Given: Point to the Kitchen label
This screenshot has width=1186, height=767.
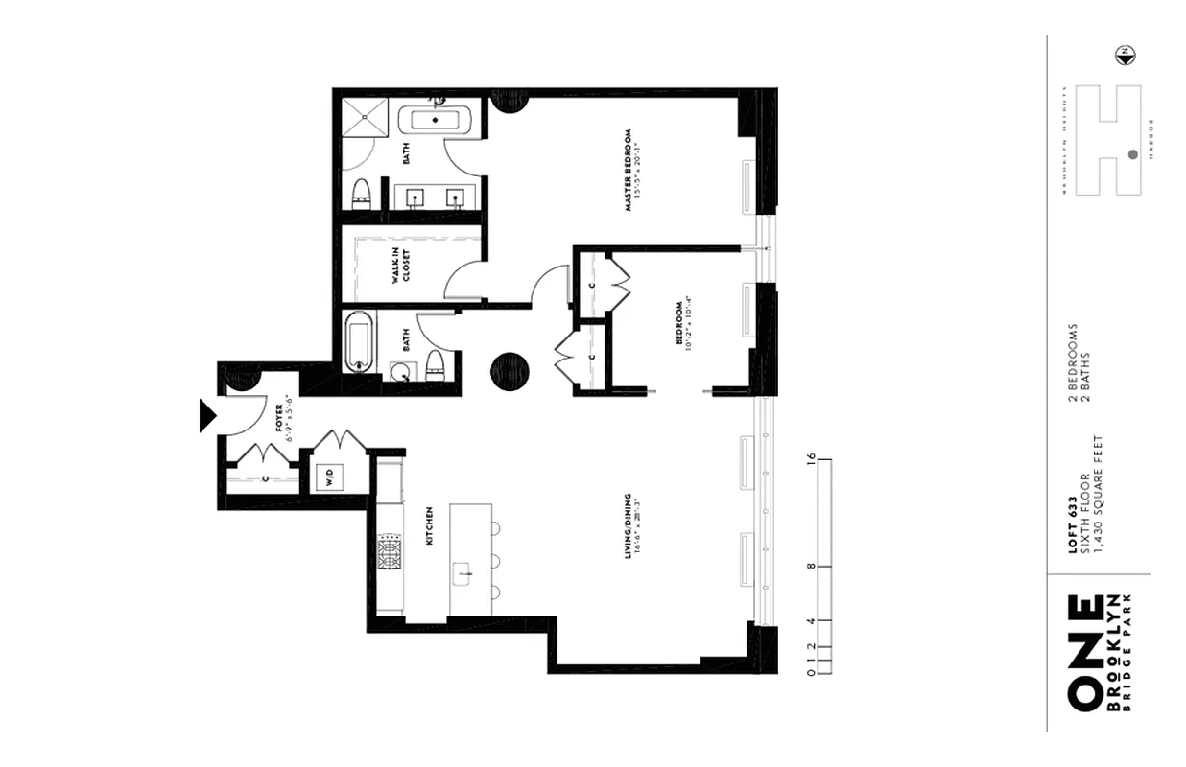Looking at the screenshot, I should (429, 525).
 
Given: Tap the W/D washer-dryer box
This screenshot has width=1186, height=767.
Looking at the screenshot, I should (329, 477).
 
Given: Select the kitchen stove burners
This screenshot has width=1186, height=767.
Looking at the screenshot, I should (391, 553).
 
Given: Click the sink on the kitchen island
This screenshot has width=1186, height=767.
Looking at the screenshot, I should (463, 574).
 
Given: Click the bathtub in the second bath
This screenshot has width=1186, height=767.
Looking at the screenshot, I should (359, 341).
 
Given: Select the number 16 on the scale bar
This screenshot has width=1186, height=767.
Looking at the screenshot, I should (813, 458).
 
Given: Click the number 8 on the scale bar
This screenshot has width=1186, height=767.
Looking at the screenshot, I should (813, 568).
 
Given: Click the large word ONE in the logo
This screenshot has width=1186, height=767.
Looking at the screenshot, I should (1083, 654).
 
